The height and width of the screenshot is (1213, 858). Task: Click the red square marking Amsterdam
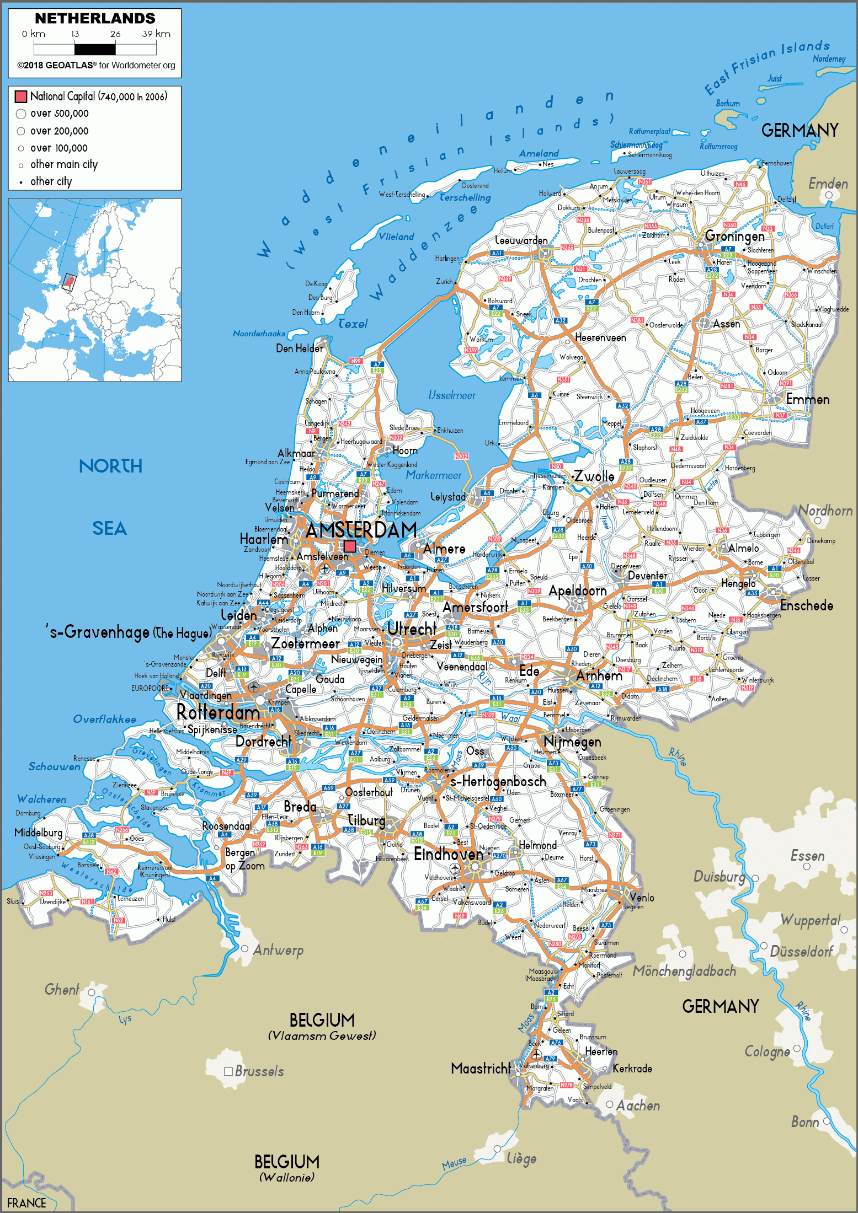(350, 546)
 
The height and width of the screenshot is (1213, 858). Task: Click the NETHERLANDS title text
(95, 18)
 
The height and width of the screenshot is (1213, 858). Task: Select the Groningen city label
(734, 236)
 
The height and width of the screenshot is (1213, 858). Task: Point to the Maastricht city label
(481, 1069)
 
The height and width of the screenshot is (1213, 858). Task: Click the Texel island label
(353, 324)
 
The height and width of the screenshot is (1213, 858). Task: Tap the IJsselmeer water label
(452, 395)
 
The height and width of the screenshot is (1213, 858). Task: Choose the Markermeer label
(434, 475)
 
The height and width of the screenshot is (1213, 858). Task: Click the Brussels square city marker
(228, 1071)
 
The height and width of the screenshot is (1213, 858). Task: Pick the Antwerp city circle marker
(244, 948)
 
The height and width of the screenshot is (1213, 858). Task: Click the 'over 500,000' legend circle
(21, 114)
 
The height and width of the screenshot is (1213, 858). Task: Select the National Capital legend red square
(21, 96)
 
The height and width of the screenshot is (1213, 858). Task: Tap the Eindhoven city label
(448, 854)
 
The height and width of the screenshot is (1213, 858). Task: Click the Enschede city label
(806, 605)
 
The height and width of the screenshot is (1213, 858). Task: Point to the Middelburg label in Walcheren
(38, 833)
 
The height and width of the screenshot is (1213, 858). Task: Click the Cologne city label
(767, 1051)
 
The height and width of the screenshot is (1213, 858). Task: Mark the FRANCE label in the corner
(26, 1203)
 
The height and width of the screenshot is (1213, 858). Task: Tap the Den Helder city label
(300, 348)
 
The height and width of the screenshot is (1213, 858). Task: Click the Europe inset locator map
(95, 290)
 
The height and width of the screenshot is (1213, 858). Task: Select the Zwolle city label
(594, 476)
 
